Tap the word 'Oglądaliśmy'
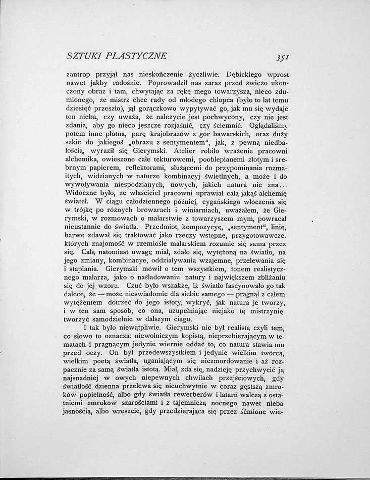268,125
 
